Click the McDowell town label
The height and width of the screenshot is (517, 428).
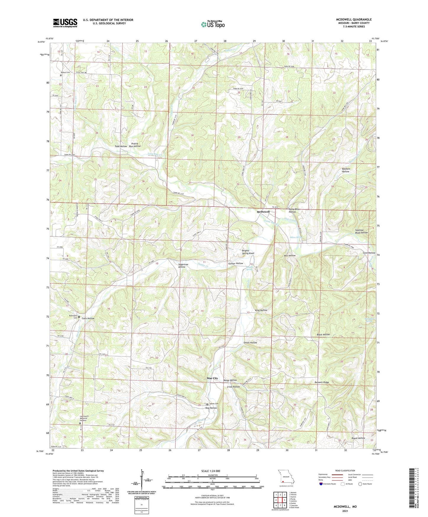(x=263, y=212)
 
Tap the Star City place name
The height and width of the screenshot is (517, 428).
(x=212, y=378)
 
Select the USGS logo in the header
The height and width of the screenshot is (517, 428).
(x=65, y=23)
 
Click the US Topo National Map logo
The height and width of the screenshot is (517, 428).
(x=212, y=24)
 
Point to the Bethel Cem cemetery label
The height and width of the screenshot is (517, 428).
(x=65, y=73)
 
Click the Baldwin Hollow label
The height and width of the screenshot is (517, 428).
(x=346, y=170)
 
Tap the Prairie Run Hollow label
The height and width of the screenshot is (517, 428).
(x=135, y=145)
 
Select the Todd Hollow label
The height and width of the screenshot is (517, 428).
(x=121, y=146)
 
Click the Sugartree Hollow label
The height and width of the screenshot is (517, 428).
(x=182, y=265)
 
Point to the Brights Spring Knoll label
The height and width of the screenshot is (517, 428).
(x=248, y=252)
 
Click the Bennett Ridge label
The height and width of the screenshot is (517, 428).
(x=322, y=382)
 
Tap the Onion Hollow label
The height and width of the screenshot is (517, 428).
(x=250, y=343)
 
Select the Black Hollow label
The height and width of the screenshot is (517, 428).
(x=323, y=334)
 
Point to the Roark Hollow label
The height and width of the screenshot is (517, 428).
(x=358, y=438)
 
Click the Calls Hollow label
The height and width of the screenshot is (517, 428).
(x=88, y=318)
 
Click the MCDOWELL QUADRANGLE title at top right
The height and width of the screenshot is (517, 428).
(x=354, y=20)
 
